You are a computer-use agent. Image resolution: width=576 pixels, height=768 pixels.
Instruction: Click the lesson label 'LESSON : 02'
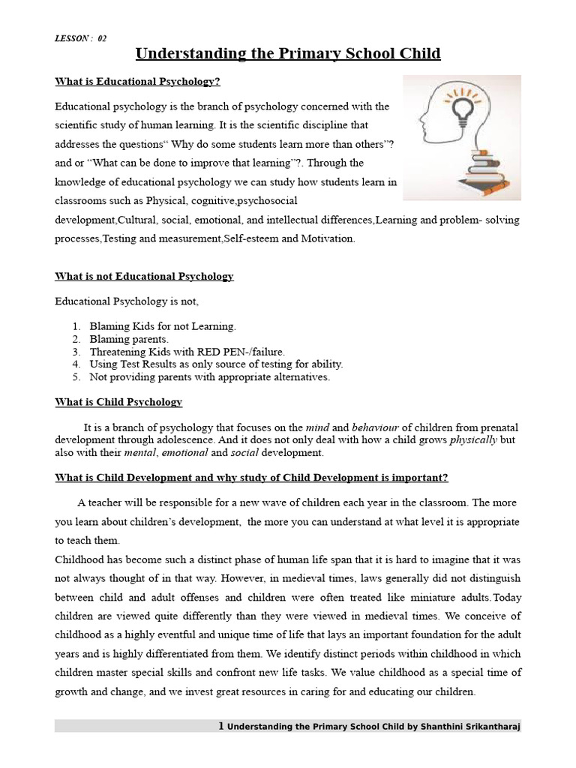click(81, 39)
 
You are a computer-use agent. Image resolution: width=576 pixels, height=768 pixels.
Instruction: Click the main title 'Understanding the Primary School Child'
click(287, 54)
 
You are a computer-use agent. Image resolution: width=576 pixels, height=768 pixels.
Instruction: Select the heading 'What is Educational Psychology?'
click(137, 81)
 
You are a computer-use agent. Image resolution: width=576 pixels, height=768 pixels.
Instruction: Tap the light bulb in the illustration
click(459, 112)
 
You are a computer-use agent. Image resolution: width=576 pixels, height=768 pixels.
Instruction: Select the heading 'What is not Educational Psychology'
click(144, 276)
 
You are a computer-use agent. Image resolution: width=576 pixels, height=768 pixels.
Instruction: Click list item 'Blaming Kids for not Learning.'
click(163, 326)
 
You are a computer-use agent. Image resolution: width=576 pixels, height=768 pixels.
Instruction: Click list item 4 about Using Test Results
click(216, 364)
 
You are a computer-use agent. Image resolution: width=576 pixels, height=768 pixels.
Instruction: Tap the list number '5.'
click(76, 376)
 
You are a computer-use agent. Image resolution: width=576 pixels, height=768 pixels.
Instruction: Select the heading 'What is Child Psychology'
click(118, 402)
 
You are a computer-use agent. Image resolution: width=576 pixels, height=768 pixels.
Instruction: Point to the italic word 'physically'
click(473, 439)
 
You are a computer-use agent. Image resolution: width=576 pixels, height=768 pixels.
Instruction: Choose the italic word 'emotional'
click(184, 453)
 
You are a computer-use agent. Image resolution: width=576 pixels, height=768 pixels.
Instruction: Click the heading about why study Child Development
click(251, 478)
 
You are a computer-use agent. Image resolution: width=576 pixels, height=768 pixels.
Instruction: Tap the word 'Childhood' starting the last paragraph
click(79, 559)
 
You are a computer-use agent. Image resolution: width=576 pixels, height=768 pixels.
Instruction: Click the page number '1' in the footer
click(220, 727)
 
